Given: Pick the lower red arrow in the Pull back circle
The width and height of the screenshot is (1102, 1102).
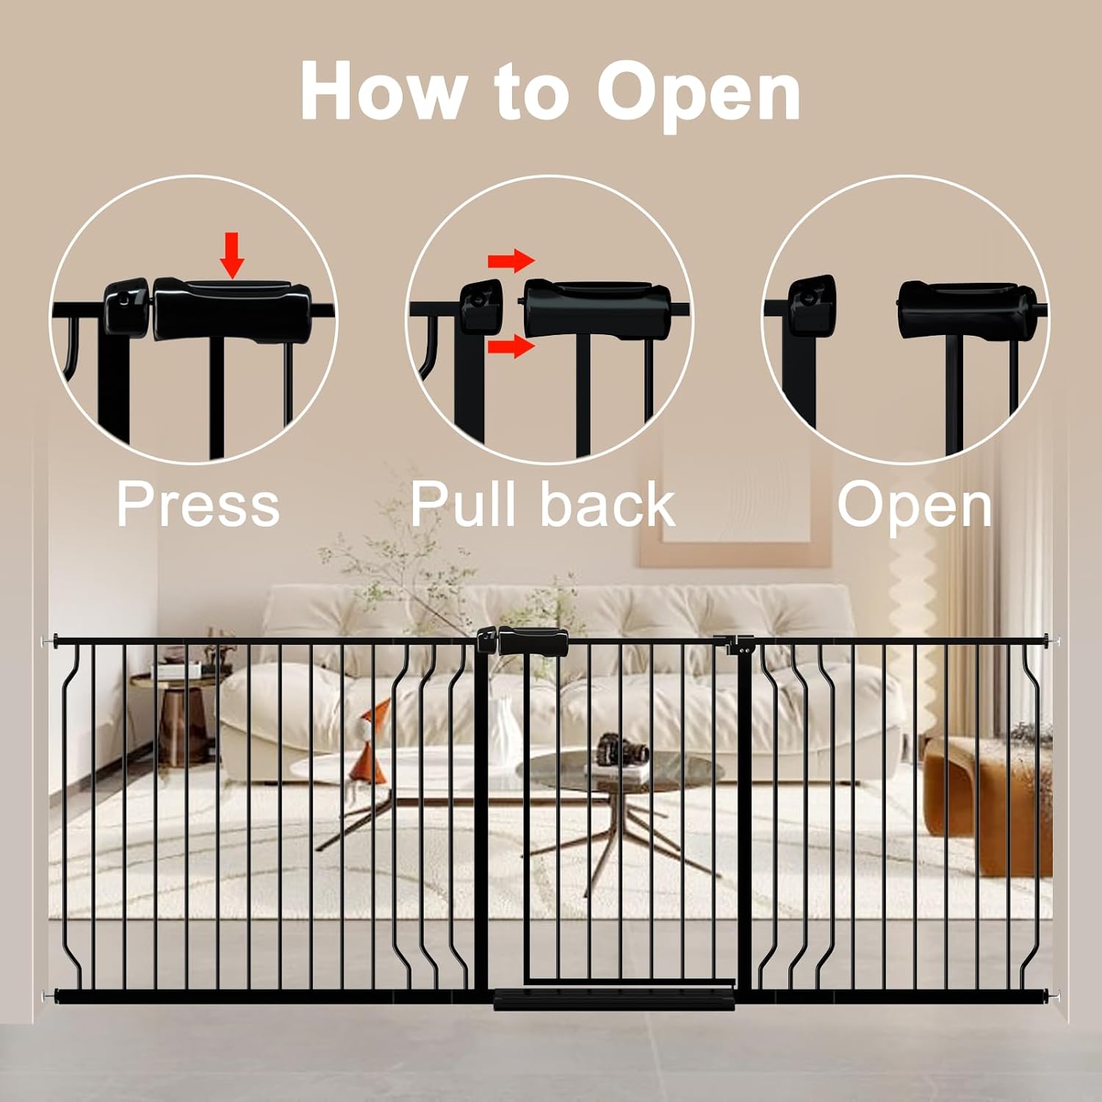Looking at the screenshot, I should (511, 345).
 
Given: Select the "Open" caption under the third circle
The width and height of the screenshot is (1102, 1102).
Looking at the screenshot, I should (915, 505).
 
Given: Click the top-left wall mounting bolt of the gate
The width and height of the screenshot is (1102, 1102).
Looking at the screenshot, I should (48, 641).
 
